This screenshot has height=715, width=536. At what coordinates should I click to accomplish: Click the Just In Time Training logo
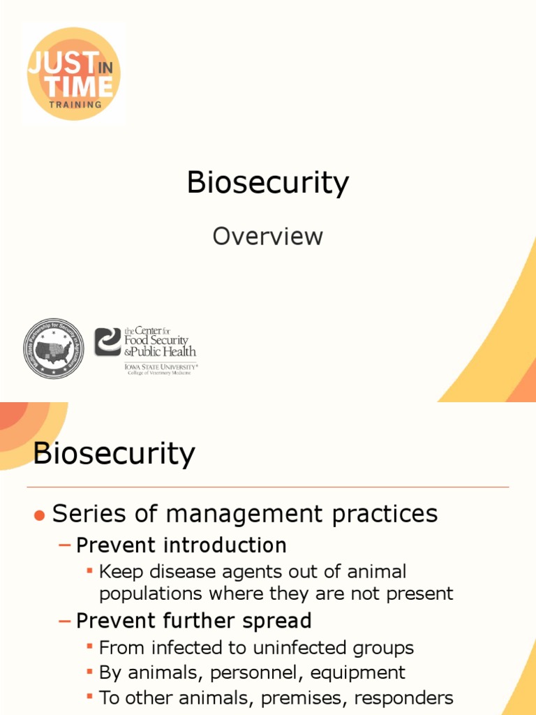73,73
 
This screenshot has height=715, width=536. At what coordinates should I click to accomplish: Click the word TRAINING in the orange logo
75,104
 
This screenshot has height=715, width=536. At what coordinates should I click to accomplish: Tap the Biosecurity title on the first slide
268,183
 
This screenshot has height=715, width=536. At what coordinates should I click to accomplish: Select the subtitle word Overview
268,236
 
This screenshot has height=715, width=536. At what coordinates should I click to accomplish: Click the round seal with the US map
54,349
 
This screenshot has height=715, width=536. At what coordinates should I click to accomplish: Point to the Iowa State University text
161,365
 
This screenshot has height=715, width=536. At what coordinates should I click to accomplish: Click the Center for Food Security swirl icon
108,342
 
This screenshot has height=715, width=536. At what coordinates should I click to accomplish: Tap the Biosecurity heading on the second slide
114,454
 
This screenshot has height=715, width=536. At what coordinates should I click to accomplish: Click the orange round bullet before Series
40,515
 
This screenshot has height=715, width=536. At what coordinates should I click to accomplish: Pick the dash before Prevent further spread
65,621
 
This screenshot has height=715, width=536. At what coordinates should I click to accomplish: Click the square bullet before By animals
89,673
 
